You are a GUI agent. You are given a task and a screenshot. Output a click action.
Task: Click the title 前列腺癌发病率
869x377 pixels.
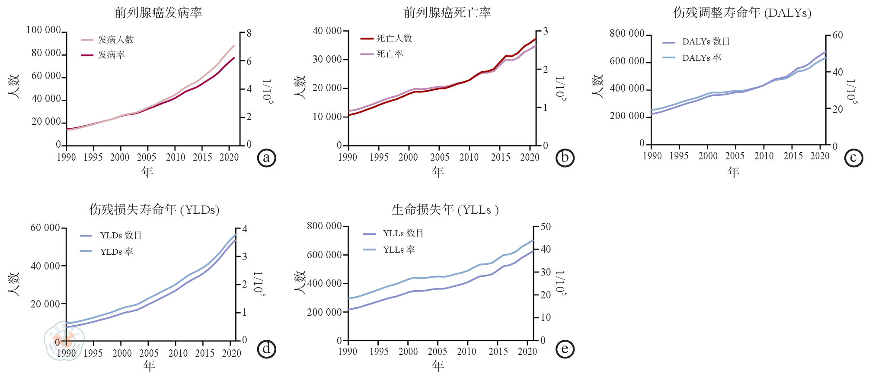click(158, 13)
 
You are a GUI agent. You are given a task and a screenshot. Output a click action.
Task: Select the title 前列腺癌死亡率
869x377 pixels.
click(447, 13)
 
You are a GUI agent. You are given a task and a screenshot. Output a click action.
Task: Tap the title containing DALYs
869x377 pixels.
click(742, 13)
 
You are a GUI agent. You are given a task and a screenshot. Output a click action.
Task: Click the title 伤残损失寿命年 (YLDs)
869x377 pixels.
click(154, 210)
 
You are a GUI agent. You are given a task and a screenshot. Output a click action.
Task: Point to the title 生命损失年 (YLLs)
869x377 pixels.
click(445, 210)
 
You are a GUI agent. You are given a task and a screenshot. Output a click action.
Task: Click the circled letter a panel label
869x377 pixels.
click(266, 158)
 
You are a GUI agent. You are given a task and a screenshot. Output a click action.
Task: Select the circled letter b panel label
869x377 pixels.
click(565, 158)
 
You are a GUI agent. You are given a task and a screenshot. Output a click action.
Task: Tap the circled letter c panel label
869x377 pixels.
click(853, 158)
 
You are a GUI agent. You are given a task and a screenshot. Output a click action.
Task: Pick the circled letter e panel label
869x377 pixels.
click(565, 349)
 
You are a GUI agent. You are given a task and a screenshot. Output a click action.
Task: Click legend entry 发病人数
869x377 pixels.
click(115, 40)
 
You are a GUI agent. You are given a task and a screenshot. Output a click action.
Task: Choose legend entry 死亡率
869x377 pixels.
click(390, 54)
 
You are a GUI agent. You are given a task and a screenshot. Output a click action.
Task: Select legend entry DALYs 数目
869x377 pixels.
click(706, 42)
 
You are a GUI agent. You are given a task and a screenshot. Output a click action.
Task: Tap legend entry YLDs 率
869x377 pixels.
click(116, 252)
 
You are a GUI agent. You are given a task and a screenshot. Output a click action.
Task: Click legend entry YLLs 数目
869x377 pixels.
click(403, 234)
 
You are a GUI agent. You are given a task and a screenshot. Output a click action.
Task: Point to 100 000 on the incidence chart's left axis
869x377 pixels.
click(44, 30)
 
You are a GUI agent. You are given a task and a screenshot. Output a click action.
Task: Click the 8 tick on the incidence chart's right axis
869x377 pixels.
click(249, 33)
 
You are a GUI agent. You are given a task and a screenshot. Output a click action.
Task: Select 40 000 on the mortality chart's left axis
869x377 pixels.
click(327, 31)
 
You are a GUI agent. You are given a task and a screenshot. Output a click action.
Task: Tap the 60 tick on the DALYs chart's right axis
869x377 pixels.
click(837, 35)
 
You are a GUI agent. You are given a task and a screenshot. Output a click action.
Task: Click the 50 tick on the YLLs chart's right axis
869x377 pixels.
click(546, 227)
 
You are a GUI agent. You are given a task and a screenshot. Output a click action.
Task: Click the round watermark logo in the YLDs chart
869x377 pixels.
click(64, 340)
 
